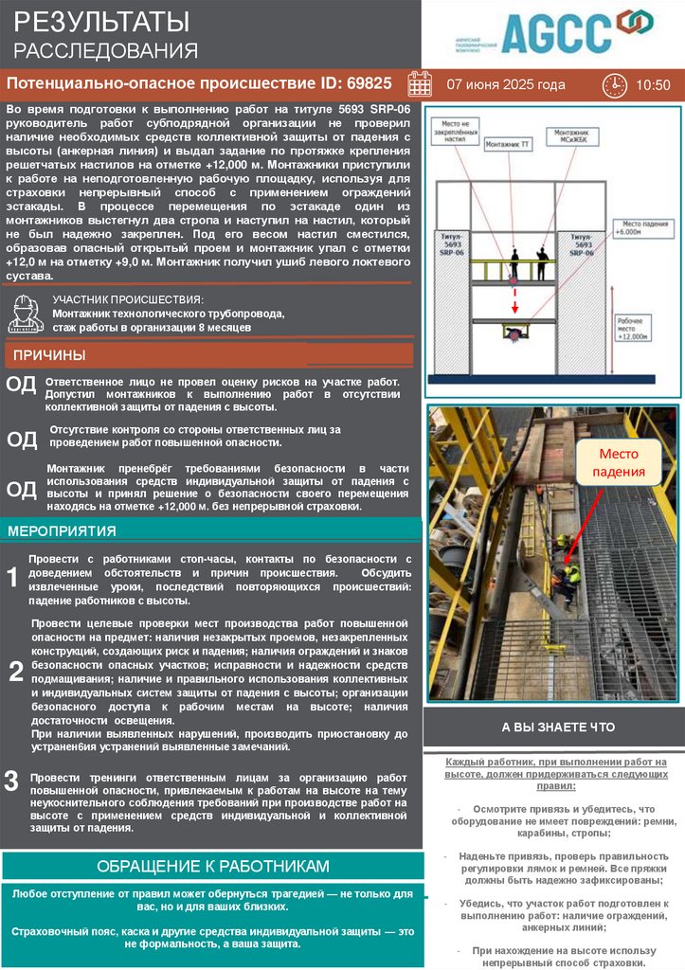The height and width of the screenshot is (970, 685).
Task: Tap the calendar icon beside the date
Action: pyautogui.click(x=420, y=84)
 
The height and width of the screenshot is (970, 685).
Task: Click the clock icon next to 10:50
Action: pyautogui.click(x=614, y=84)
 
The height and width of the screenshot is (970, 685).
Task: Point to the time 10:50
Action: pyautogui.click(x=653, y=85)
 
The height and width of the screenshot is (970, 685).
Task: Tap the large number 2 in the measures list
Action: pyautogui.click(x=16, y=672)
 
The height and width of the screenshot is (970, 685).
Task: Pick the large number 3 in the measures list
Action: pyautogui.click(x=11, y=781)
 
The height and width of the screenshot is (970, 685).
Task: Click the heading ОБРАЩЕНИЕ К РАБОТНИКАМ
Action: pyautogui.click(x=213, y=866)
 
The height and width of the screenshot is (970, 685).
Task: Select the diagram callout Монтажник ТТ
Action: pyautogui.click(x=508, y=144)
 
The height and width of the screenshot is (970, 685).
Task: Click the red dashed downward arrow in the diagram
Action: pyautogui.click(x=515, y=301)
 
